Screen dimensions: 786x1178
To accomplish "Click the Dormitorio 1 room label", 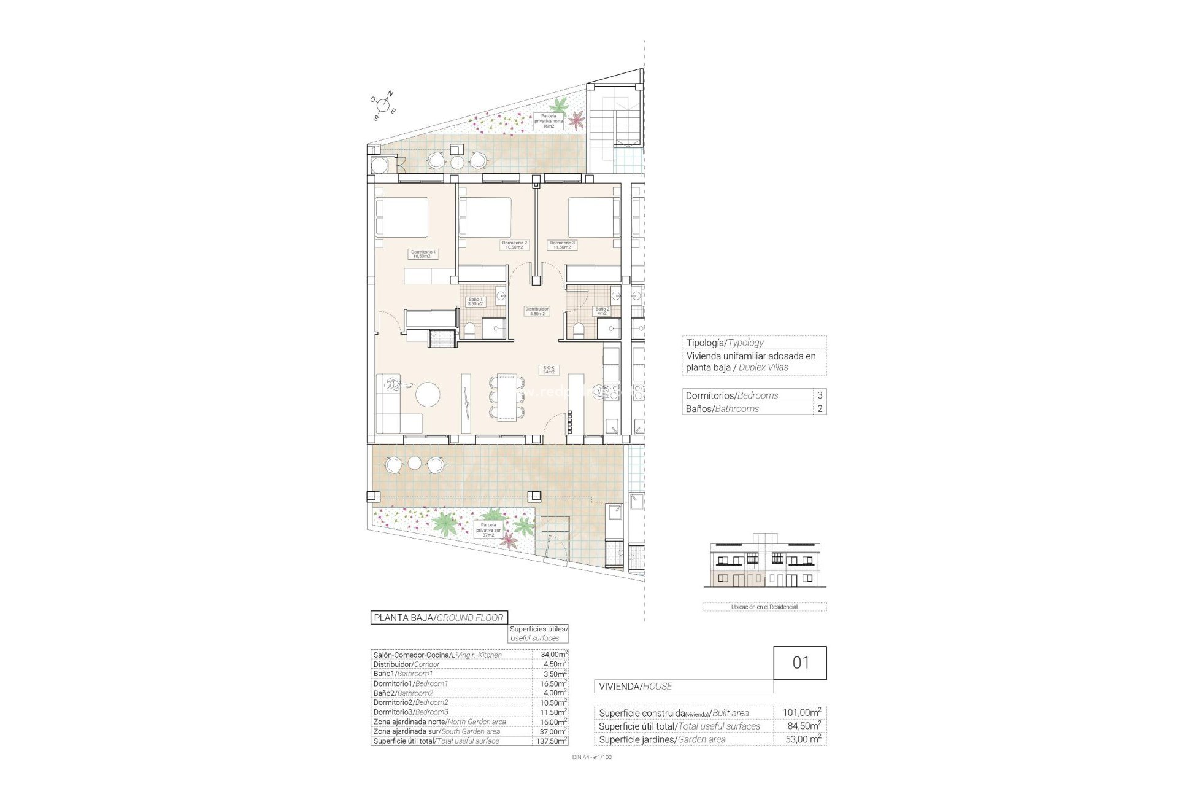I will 423,254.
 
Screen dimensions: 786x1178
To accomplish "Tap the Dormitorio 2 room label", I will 515,244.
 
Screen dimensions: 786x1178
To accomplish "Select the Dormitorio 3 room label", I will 563,244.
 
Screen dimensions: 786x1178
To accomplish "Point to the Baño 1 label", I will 475,301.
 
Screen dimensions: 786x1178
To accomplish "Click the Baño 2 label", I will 602,311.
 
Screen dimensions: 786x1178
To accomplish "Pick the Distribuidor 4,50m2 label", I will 537,311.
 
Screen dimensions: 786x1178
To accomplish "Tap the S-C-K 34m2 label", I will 548,369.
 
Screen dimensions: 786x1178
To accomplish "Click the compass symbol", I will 384,105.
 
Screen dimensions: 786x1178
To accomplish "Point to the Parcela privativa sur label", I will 488,529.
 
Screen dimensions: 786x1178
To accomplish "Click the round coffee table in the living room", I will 428,394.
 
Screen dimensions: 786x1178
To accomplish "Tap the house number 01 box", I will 800,663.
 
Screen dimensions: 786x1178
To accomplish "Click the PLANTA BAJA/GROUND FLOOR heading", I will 439,618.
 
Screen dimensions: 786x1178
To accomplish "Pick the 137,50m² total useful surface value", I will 550,741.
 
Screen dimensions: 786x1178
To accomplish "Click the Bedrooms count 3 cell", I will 819,395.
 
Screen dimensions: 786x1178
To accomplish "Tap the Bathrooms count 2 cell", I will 819,409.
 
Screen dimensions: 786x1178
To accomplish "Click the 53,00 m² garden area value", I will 801,739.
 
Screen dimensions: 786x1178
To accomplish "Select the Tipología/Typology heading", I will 725,343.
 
